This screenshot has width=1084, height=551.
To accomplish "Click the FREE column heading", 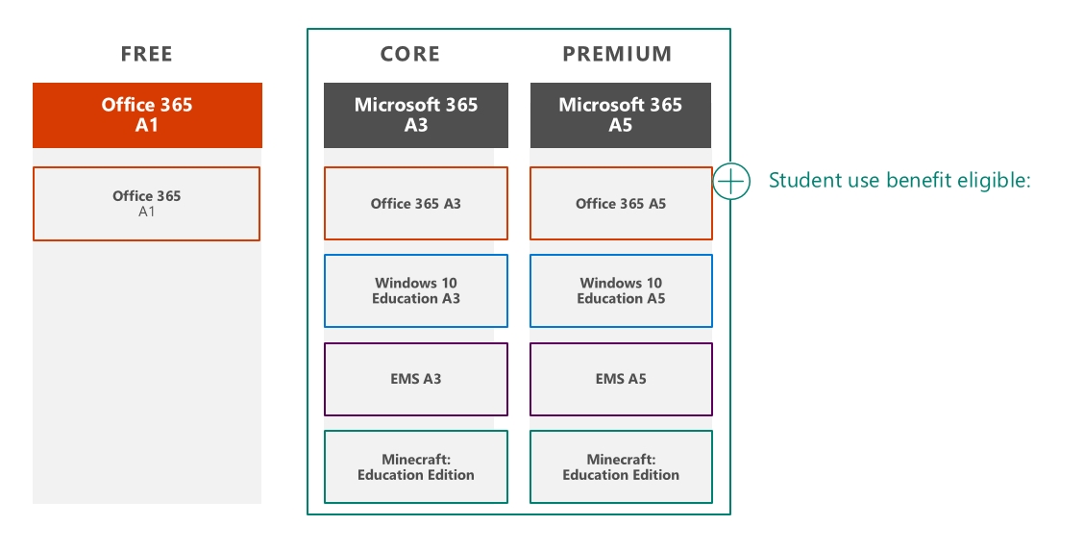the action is pyautogui.click(x=147, y=54).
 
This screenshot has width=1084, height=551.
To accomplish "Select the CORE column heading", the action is pyautogui.click(x=410, y=54).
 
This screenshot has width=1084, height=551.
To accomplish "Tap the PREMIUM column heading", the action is pyautogui.click(x=617, y=54).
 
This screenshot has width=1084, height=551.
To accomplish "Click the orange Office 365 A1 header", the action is pyautogui.click(x=147, y=114).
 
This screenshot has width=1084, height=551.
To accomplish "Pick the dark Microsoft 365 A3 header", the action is pyautogui.click(x=415, y=114).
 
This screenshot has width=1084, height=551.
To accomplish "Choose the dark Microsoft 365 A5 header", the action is pyautogui.click(x=621, y=114).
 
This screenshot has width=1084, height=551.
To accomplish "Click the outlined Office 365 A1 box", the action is pyautogui.click(x=147, y=204).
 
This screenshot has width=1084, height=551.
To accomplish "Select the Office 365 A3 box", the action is pyautogui.click(x=415, y=203).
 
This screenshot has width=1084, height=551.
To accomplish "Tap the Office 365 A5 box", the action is pyautogui.click(x=621, y=203).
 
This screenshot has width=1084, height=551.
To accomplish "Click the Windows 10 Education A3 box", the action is pyautogui.click(x=415, y=291).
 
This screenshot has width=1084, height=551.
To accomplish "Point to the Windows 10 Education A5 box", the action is pyautogui.click(x=621, y=291).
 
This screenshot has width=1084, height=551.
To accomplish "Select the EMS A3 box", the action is pyautogui.click(x=415, y=379).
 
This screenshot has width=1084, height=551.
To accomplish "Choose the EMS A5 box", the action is pyautogui.click(x=621, y=379).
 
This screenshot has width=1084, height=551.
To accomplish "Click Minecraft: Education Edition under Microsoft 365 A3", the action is pyautogui.click(x=415, y=466).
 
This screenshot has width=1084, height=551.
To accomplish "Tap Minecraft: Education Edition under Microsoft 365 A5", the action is pyautogui.click(x=621, y=466).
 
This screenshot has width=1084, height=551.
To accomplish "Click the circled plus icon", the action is pyautogui.click(x=730, y=181).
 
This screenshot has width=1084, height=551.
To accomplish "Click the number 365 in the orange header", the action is pyautogui.click(x=176, y=105).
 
